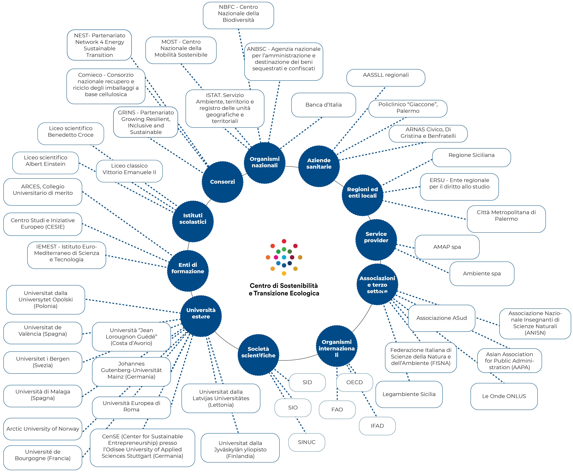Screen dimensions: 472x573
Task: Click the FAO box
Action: point(337,409)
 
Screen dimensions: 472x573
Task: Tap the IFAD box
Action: point(377,426)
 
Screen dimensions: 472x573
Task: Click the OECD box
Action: point(354,382)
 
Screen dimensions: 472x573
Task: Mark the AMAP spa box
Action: point(447,247)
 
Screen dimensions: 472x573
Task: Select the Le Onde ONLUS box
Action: point(504,396)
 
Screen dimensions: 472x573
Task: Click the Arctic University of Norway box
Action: point(43,429)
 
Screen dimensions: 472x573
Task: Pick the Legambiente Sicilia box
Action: point(409,394)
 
